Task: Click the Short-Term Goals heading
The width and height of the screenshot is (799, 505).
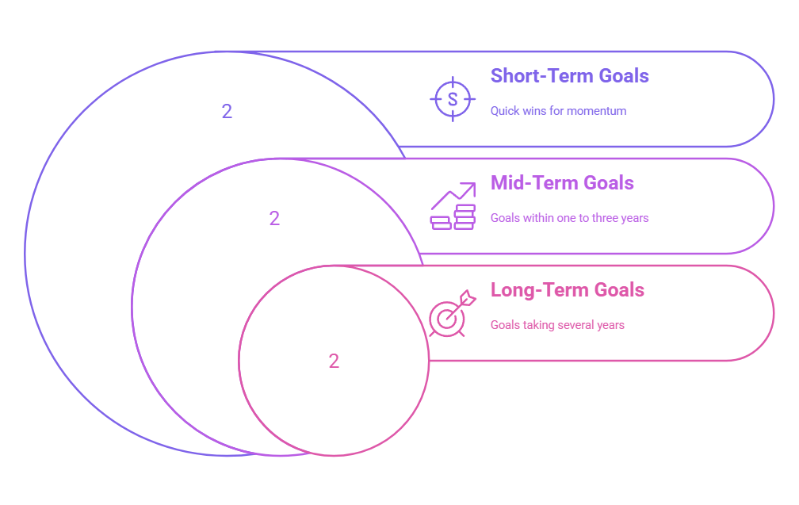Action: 569,76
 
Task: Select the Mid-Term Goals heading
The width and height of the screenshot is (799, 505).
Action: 562,183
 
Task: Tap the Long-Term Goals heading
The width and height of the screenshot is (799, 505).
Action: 568,290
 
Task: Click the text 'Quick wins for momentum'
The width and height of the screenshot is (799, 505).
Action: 558,111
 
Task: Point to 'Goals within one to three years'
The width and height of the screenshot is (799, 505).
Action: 569,218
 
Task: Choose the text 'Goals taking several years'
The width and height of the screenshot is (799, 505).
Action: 557,325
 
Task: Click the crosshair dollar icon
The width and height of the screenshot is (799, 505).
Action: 453,99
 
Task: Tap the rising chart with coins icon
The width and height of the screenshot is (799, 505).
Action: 453,207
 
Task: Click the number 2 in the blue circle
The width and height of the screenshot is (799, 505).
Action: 227,112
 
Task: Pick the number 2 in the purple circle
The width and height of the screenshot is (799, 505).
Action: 274,219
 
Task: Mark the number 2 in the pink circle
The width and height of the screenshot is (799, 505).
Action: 334,362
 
